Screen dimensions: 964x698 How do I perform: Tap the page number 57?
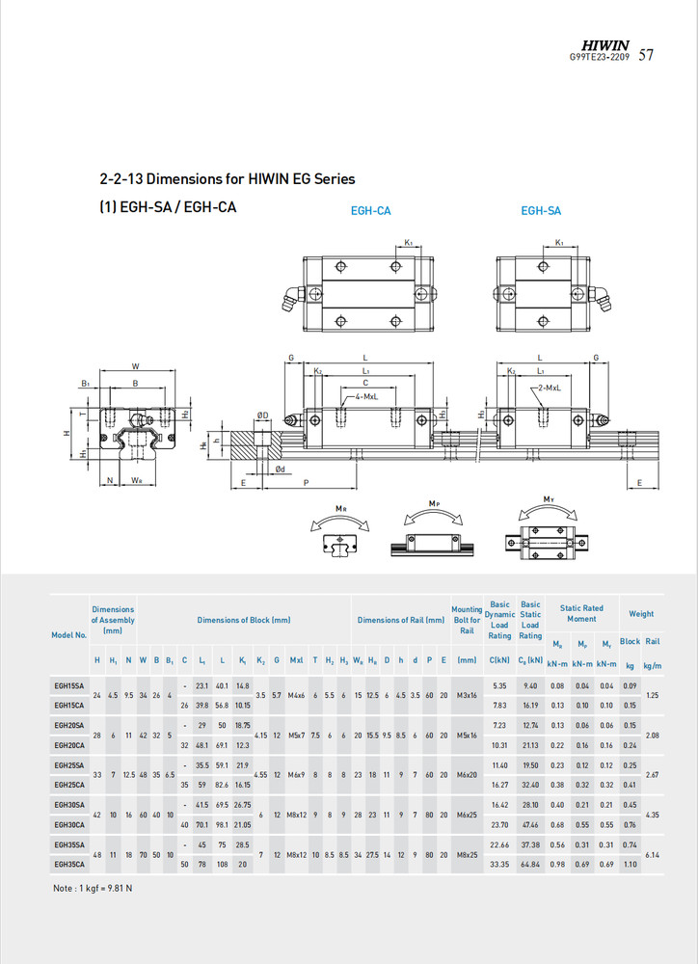click(646, 55)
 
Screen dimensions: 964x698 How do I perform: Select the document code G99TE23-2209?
click(600, 57)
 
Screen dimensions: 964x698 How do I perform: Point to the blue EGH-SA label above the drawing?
click(541, 210)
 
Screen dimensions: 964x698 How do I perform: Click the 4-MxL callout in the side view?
click(365, 396)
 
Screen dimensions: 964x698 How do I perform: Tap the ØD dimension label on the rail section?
click(262, 415)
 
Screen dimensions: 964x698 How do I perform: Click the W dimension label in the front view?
click(135, 366)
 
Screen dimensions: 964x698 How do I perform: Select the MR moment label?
click(340, 508)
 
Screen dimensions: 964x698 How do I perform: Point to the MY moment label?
click(548, 499)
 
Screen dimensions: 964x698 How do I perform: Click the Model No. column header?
click(68, 634)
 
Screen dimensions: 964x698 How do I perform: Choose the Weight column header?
click(640, 613)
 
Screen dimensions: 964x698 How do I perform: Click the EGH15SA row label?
click(68, 685)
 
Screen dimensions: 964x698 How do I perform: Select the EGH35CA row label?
click(68, 865)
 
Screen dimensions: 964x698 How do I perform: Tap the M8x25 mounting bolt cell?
click(467, 854)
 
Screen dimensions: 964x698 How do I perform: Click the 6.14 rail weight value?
click(652, 854)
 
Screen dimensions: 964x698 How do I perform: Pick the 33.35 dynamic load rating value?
click(499, 865)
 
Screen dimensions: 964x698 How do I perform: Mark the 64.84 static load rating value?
click(530, 865)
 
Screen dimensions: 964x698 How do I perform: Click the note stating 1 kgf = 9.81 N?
click(93, 888)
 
